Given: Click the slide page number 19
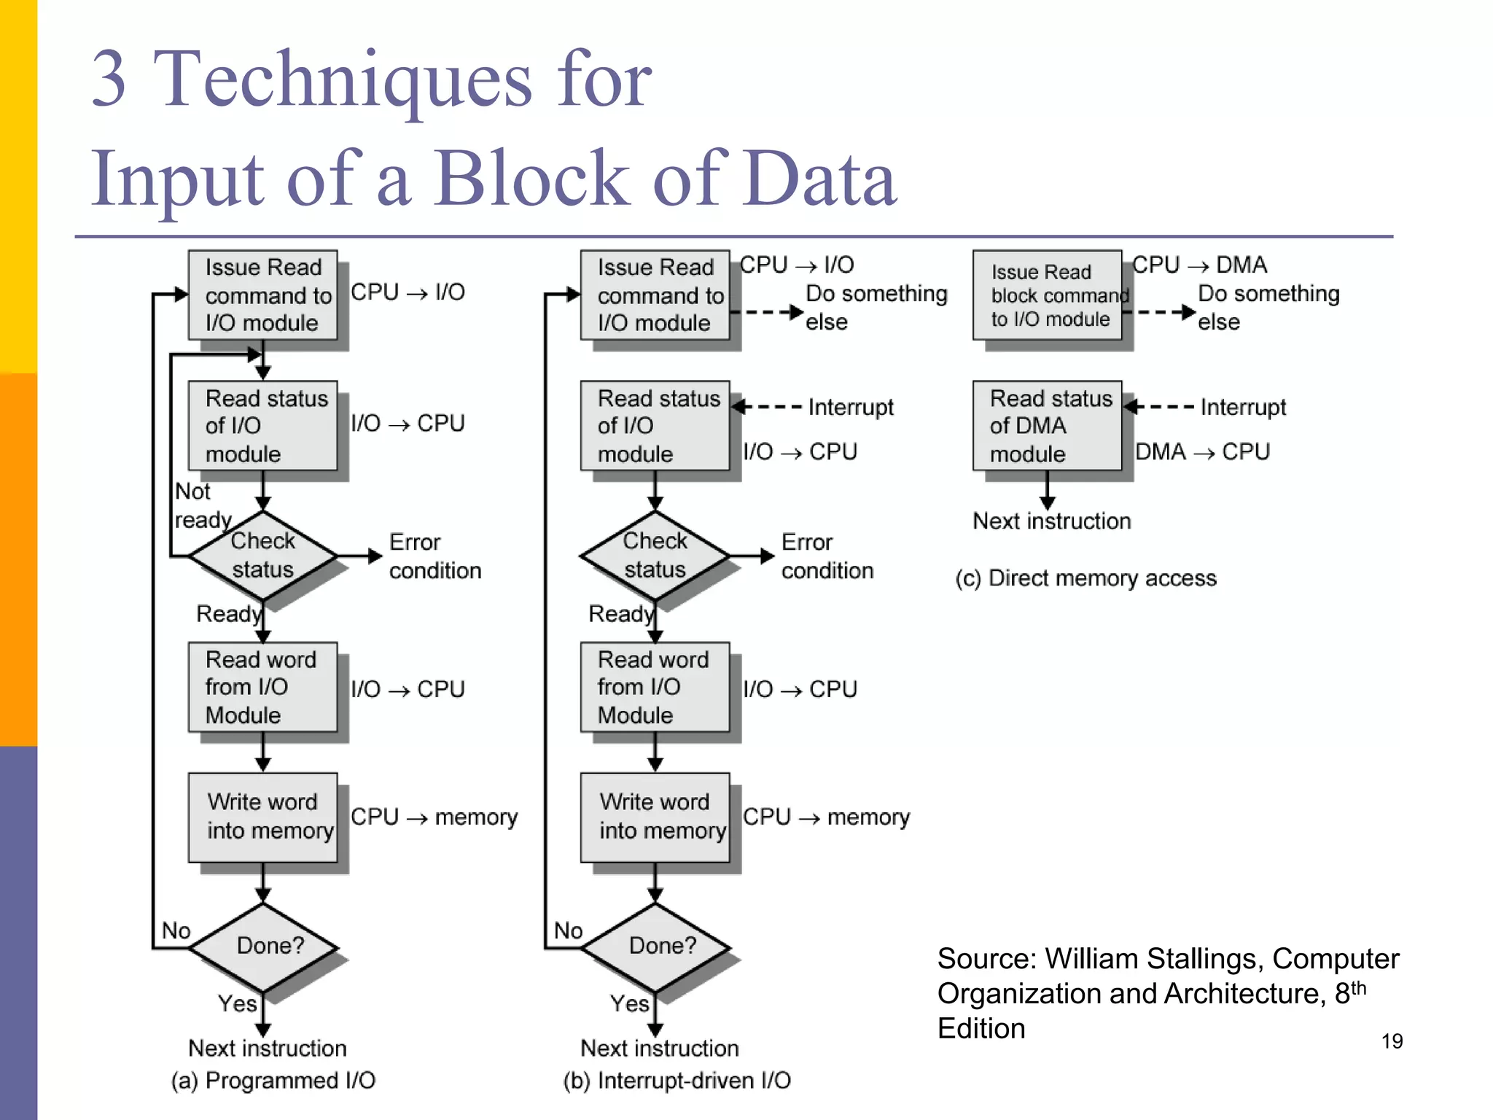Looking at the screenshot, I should (1392, 1041).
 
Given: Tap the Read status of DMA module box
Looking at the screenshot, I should (1047, 426).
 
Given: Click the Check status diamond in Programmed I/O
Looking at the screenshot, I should (262, 556).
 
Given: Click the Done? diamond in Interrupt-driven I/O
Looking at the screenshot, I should (656, 946).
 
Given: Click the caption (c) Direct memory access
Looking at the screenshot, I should (1085, 578).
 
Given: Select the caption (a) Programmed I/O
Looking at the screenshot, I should (273, 1080).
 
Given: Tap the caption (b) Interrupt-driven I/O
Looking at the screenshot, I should (677, 1080).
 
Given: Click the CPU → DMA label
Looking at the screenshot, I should (1199, 265).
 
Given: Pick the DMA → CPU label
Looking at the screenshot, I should (1202, 452).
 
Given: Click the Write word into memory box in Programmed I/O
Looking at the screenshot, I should (263, 817).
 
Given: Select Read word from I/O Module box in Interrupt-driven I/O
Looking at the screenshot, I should (655, 687).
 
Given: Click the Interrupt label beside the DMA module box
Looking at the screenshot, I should (1243, 407).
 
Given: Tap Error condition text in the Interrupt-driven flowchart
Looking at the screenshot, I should (827, 556).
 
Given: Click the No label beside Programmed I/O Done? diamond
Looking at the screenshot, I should (176, 931).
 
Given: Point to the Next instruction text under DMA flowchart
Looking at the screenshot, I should (1052, 521).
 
